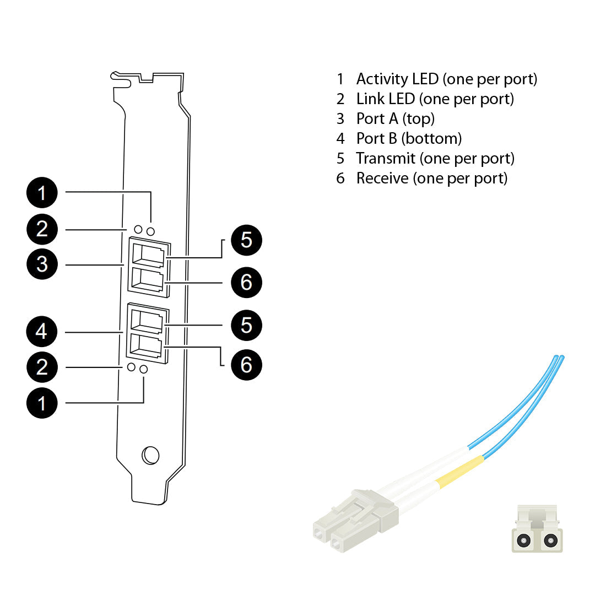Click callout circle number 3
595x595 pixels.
[42, 264]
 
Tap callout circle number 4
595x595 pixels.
[42, 332]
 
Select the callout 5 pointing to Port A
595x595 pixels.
[246, 240]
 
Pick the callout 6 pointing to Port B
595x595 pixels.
[246, 364]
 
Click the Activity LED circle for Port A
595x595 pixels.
[150, 231]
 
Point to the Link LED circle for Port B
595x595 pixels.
[132, 367]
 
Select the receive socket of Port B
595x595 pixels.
[147, 347]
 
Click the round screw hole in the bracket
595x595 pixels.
[150, 455]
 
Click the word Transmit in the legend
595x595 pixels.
[386, 159]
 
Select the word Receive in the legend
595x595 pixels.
[382, 178]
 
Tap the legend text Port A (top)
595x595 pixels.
[395, 119]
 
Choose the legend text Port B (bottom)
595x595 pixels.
[409, 139]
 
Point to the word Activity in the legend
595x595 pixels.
[382, 79]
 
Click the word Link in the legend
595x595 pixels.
[370, 99]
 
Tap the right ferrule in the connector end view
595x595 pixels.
[549, 540]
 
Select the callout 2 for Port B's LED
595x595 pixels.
[42, 367]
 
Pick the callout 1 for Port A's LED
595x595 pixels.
[42, 193]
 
